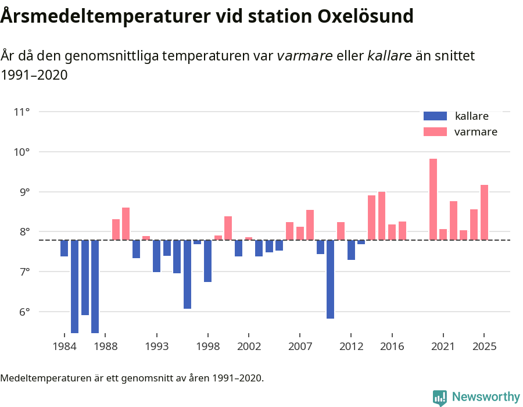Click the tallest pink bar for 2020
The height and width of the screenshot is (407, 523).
433,199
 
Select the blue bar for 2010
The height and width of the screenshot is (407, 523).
330,279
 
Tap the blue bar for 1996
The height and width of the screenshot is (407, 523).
187,274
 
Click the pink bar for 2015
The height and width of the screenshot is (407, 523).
382,216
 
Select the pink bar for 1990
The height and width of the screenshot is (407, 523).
126,224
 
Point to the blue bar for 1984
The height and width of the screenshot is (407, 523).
65,248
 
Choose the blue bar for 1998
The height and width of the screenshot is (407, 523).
207,261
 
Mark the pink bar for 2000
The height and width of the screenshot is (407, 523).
228,228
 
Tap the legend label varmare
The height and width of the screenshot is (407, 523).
475,132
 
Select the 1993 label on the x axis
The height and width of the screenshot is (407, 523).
156,347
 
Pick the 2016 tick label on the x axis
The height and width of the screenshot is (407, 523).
392,347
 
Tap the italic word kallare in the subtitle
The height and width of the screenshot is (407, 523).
389,56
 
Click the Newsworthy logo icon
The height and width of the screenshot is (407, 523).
440,397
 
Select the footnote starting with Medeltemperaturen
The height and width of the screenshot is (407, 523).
132,378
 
